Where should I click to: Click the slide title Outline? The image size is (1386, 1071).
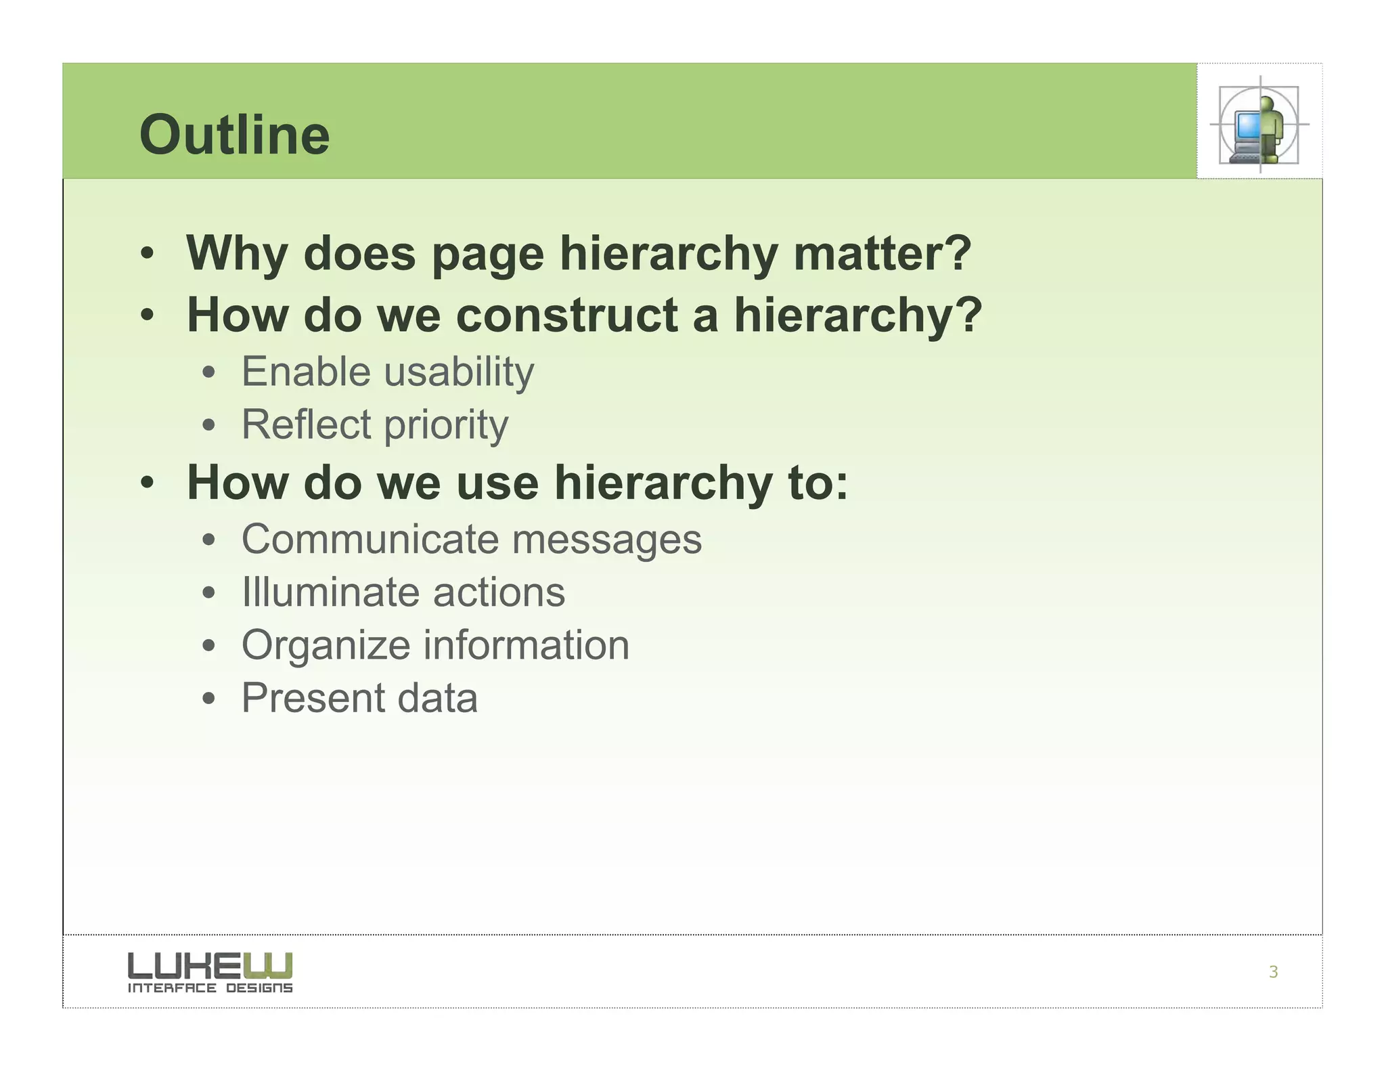(234, 135)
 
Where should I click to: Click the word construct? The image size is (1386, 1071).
(567, 315)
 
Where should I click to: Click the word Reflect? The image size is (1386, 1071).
(306, 424)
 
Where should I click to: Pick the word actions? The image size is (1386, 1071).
(499, 593)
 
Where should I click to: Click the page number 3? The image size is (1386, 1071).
(1273, 972)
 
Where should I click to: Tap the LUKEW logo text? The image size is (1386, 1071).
(210, 965)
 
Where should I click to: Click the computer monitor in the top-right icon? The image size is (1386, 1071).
(1247, 125)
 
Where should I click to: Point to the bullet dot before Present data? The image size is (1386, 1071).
(209, 699)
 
